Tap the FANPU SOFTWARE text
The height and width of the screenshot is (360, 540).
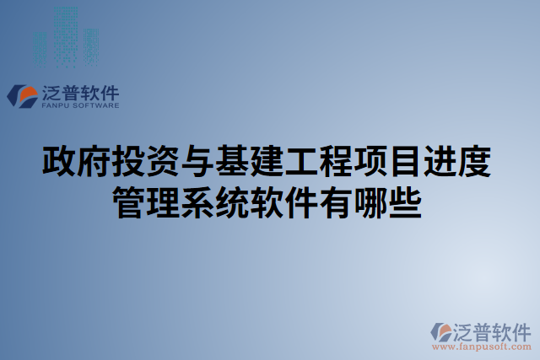81,106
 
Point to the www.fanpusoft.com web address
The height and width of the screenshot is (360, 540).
482,346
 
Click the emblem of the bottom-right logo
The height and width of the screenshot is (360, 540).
443,330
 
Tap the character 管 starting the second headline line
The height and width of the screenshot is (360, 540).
131,202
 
